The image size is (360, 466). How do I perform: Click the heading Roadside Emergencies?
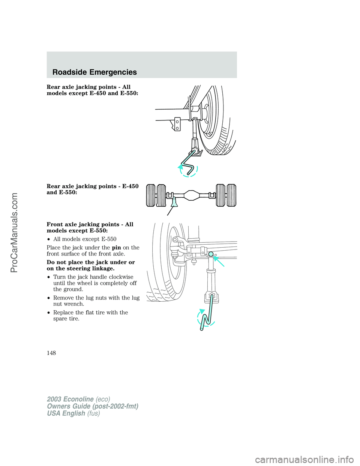94,72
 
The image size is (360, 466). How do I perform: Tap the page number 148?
51,353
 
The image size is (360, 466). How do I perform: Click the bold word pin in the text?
116,248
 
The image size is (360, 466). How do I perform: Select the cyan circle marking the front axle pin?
211,254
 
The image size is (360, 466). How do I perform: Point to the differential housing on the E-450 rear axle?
191,195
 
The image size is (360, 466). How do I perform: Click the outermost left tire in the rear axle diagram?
150,195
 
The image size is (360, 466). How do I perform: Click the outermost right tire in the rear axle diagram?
232,195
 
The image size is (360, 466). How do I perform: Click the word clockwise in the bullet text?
121,277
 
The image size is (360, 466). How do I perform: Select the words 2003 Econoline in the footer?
70,399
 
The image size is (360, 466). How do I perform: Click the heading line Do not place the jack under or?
91,262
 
